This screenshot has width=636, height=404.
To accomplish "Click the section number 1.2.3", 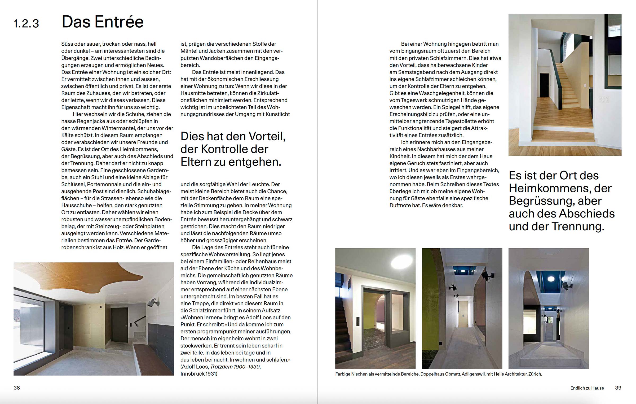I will tap(26, 24).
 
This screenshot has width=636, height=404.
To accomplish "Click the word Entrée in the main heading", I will tap(119, 22).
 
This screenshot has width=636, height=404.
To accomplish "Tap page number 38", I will tap(17, 388).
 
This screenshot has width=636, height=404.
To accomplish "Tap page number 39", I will tap(618, 388).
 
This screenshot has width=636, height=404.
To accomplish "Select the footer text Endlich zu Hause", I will tap(587, 388).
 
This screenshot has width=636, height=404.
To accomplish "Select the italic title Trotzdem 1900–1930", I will tap(235, 367).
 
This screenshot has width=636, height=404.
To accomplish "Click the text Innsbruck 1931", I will tap(199, 374).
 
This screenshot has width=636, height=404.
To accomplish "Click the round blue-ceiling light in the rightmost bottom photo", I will tap(551, 279).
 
